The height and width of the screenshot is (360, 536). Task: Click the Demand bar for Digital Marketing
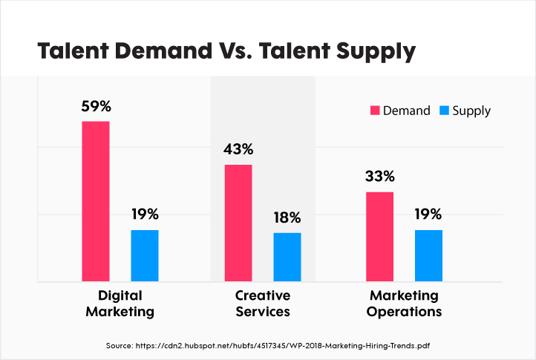point(96,201)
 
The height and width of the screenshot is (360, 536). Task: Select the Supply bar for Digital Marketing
point(145,256)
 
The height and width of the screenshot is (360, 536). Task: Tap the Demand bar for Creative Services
point(238,223)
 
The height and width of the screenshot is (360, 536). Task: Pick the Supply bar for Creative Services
point(287,258)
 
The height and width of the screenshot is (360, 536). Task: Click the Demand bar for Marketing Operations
point(379,237)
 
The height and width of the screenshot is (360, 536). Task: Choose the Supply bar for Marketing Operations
point(428,256)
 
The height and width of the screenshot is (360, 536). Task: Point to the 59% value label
point(96,105)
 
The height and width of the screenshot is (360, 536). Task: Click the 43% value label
point(238,149)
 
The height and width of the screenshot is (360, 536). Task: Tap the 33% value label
point(379,177)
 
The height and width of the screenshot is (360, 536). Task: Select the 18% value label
point(287,217)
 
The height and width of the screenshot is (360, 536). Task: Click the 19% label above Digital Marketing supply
point(145,215)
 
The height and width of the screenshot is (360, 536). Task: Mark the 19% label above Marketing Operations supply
point(428,215)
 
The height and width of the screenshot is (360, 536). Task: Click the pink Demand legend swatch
point(375,111)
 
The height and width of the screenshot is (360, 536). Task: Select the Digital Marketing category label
point(120,303)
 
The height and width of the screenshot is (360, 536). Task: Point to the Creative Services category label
point(263,303)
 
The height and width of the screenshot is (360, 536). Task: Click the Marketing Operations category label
point(405,303)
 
